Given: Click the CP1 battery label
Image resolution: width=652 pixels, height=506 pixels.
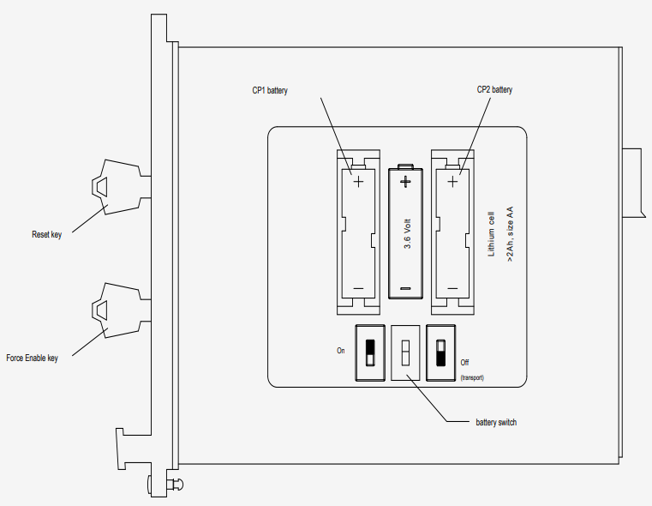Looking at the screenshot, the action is (270, 90).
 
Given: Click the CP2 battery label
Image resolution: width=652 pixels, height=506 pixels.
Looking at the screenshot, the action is (494, 89).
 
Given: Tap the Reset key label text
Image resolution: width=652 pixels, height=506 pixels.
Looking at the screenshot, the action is (46, 234).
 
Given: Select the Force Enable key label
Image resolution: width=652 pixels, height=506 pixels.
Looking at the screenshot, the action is (32, 358).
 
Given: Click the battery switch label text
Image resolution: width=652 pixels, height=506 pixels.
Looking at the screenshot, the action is (496, 422).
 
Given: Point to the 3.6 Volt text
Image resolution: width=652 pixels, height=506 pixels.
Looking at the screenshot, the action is (407, 234).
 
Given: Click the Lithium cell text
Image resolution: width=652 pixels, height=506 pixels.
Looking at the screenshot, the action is (491, 234).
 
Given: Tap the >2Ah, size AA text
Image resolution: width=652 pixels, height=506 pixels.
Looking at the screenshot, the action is (510, 234).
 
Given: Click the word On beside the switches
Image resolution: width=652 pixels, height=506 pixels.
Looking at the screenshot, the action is (340, 351).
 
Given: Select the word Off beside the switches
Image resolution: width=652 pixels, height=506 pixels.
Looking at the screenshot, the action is (464, 363).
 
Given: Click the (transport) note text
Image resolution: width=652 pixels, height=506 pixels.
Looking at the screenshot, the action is (472, 378).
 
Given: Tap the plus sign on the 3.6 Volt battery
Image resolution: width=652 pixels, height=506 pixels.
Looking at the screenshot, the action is (405, 182).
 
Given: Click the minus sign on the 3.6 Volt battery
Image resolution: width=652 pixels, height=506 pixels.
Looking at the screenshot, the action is (405, 288).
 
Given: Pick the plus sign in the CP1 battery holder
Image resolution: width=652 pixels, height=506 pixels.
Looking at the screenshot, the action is (358, 182).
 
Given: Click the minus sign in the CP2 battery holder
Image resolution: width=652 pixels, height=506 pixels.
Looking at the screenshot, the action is (452, 288).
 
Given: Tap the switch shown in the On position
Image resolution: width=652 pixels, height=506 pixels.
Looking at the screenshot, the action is (370, 352).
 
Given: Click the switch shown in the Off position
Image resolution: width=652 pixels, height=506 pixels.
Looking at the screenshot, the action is (440, 352).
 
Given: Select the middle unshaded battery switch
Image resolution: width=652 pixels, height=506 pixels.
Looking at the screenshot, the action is (405, 352).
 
